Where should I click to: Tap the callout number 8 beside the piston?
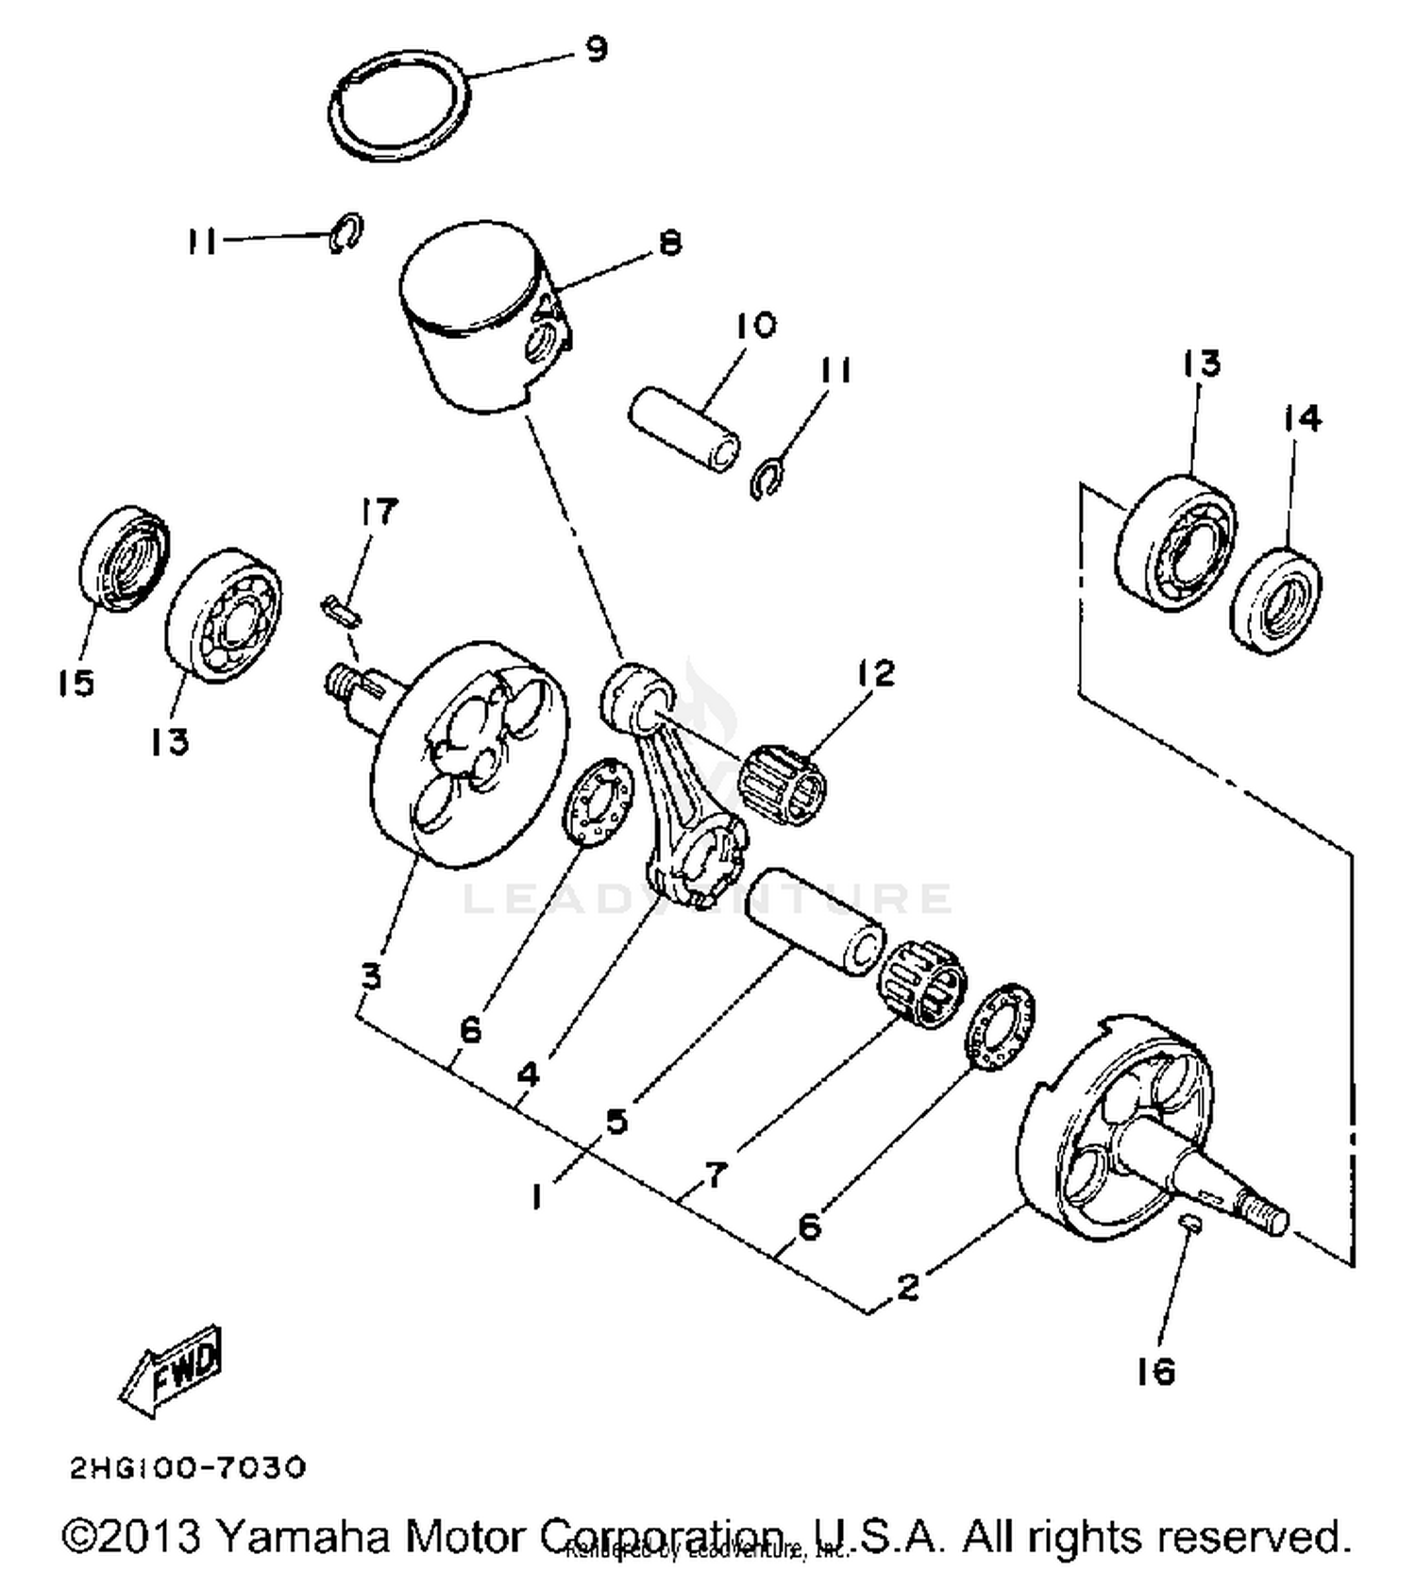(669, 243)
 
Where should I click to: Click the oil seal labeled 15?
(123, 559)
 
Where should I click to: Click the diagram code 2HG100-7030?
(188, 1468)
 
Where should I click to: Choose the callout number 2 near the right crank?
(907, 1286)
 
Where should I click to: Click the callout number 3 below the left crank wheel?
(371, 976)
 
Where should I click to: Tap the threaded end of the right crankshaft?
(1262, 1213)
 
